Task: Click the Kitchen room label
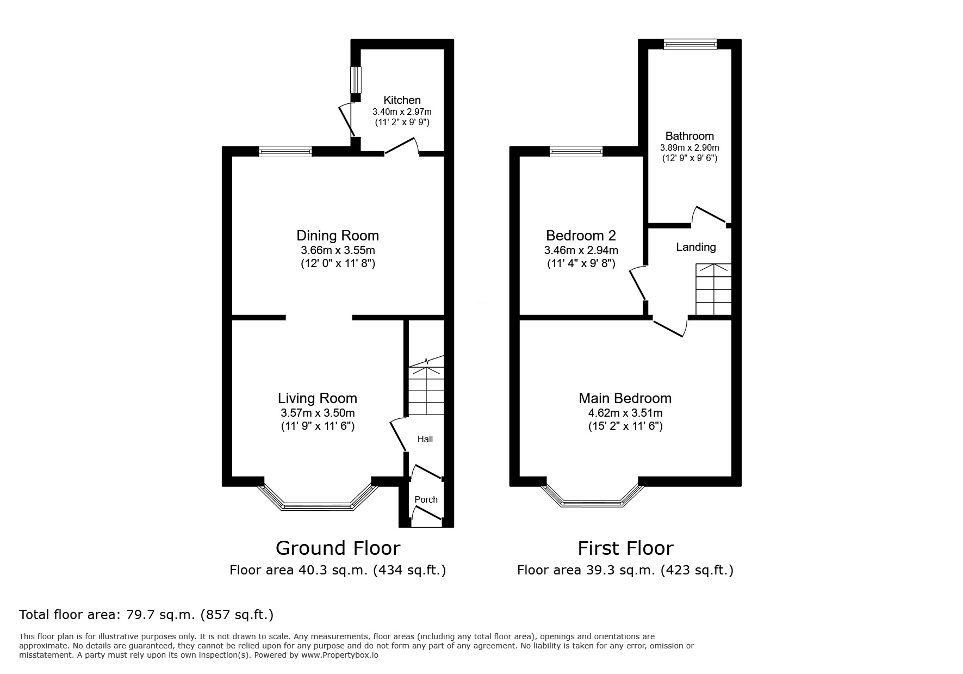[x=402, y=100]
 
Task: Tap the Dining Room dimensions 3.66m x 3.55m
[x=338, y=251]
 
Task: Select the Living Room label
[x=318, y=398]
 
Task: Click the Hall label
[x=425, y=439]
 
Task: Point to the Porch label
[x=426, y=499]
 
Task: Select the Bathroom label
[x=689, y=136]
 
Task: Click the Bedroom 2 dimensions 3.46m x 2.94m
[x=581, y=251]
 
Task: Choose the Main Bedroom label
[x=625, y=398]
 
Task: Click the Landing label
[x=695, y=247]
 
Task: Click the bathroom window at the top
[x=689, y=45]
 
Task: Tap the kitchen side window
[x=356, y=80]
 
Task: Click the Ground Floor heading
[x=338, y=548]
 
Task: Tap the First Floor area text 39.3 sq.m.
[x=625, y=570]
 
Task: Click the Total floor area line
[x=146, y=615]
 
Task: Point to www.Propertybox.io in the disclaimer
[x=340, y=656]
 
